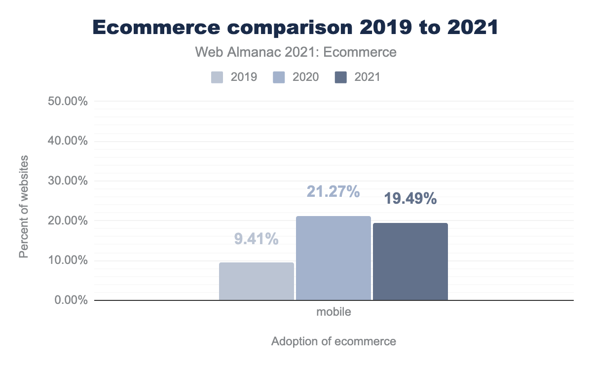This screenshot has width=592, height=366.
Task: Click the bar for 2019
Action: pos(257,281)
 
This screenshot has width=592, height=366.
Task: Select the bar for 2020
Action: pos(333,258)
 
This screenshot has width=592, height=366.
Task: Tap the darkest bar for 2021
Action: pos(410,261)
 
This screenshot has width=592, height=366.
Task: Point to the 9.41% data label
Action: pos(257,239)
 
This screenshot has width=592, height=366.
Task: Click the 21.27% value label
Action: pos(333,191)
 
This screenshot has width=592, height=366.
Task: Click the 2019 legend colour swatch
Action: pos(218,77)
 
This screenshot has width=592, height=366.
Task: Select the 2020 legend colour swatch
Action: pos(279,77)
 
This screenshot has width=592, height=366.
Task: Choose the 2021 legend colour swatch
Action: pos(341,77)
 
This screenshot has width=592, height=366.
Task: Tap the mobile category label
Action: pos(333,312)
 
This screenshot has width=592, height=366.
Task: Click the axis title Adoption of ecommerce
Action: pos(333,341)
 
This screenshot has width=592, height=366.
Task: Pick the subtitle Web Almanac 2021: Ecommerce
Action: pos(296,52)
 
